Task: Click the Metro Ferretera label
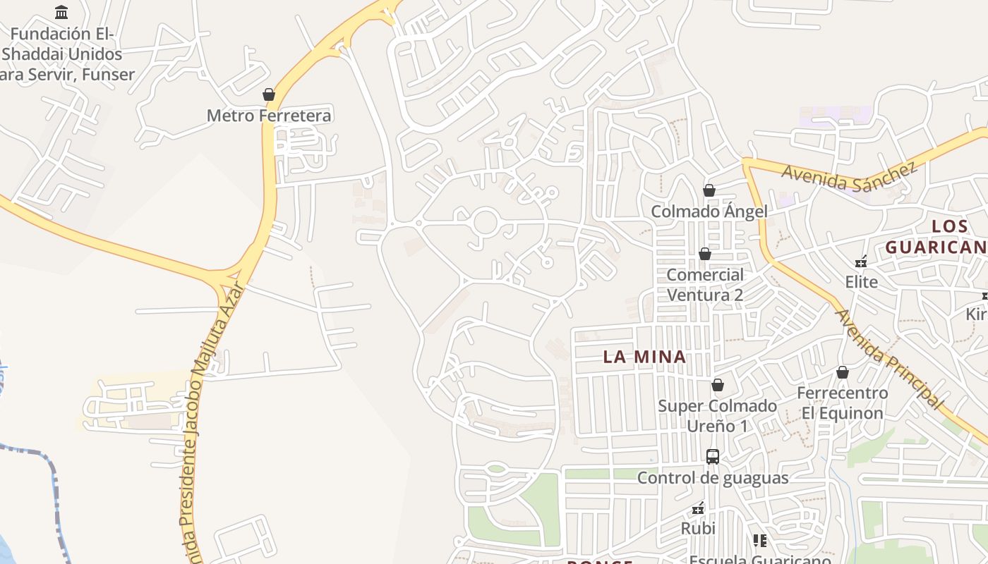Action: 269,116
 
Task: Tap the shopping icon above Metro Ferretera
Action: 268,94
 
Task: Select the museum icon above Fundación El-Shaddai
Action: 61,12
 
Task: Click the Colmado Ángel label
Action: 709,211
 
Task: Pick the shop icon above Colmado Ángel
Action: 709,190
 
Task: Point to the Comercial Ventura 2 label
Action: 705,285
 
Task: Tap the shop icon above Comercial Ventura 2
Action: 704,254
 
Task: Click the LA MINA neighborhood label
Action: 644,357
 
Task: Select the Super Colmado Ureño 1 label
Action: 717,416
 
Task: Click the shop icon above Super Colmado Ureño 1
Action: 718,385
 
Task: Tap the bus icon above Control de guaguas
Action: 713,456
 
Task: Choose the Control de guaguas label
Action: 713,478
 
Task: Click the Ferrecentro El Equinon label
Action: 842,403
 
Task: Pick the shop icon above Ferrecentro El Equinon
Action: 842,372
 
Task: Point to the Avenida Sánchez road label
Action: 849,176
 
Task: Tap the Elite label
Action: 861,283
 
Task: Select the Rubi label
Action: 698,529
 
